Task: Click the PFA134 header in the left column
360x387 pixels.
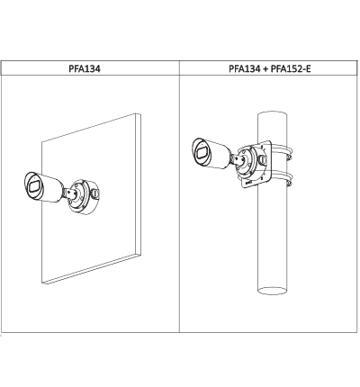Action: click(85, 68)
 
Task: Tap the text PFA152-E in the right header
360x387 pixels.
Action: click(291, 68)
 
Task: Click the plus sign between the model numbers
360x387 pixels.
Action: click(265, 69)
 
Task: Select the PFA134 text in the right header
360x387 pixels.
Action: click(245, 68)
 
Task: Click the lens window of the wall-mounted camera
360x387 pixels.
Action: click(34, 185)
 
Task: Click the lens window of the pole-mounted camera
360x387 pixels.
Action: click(202, 151)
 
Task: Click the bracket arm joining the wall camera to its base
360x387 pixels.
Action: click(69, 193)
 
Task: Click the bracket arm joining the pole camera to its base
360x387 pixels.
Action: click(237, 160)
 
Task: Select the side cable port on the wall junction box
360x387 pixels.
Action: click(94, 193)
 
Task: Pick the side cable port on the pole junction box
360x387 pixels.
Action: click(263, 159)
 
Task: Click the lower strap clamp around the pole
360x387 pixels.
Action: click(282, 177)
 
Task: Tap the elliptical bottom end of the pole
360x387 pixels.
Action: click(273, 290)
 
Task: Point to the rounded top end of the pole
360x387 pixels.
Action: click(273, 114)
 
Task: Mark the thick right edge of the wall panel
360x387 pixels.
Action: click(139, 184)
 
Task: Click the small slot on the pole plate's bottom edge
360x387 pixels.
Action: click(249, 183)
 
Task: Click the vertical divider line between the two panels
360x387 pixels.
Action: click(180, 196)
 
